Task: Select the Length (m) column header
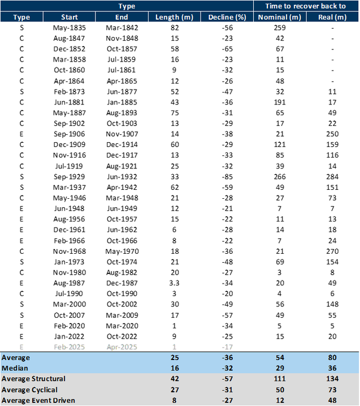(171, 17)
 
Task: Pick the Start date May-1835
(69, 27)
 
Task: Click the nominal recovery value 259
(278, 27)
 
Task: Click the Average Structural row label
(33, 378)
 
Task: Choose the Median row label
(16, 367)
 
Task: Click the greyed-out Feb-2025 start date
(69, 346)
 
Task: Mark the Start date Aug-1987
(69, 282)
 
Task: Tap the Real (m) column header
(333, 17)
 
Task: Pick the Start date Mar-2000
(69, 304)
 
